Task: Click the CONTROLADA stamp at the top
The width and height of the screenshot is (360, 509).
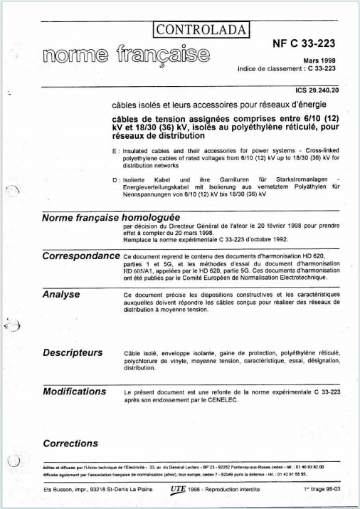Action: (201, 30)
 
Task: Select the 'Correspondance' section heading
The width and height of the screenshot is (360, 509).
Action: (80, 255)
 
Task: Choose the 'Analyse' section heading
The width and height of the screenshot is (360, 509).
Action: (61, 294)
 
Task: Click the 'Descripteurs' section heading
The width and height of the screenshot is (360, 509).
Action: (73, 352)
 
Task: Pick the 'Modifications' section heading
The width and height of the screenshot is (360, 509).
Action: (75, 392)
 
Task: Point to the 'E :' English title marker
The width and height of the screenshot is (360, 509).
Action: (116, 152)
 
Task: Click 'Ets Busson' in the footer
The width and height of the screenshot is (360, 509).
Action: (60, 491)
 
